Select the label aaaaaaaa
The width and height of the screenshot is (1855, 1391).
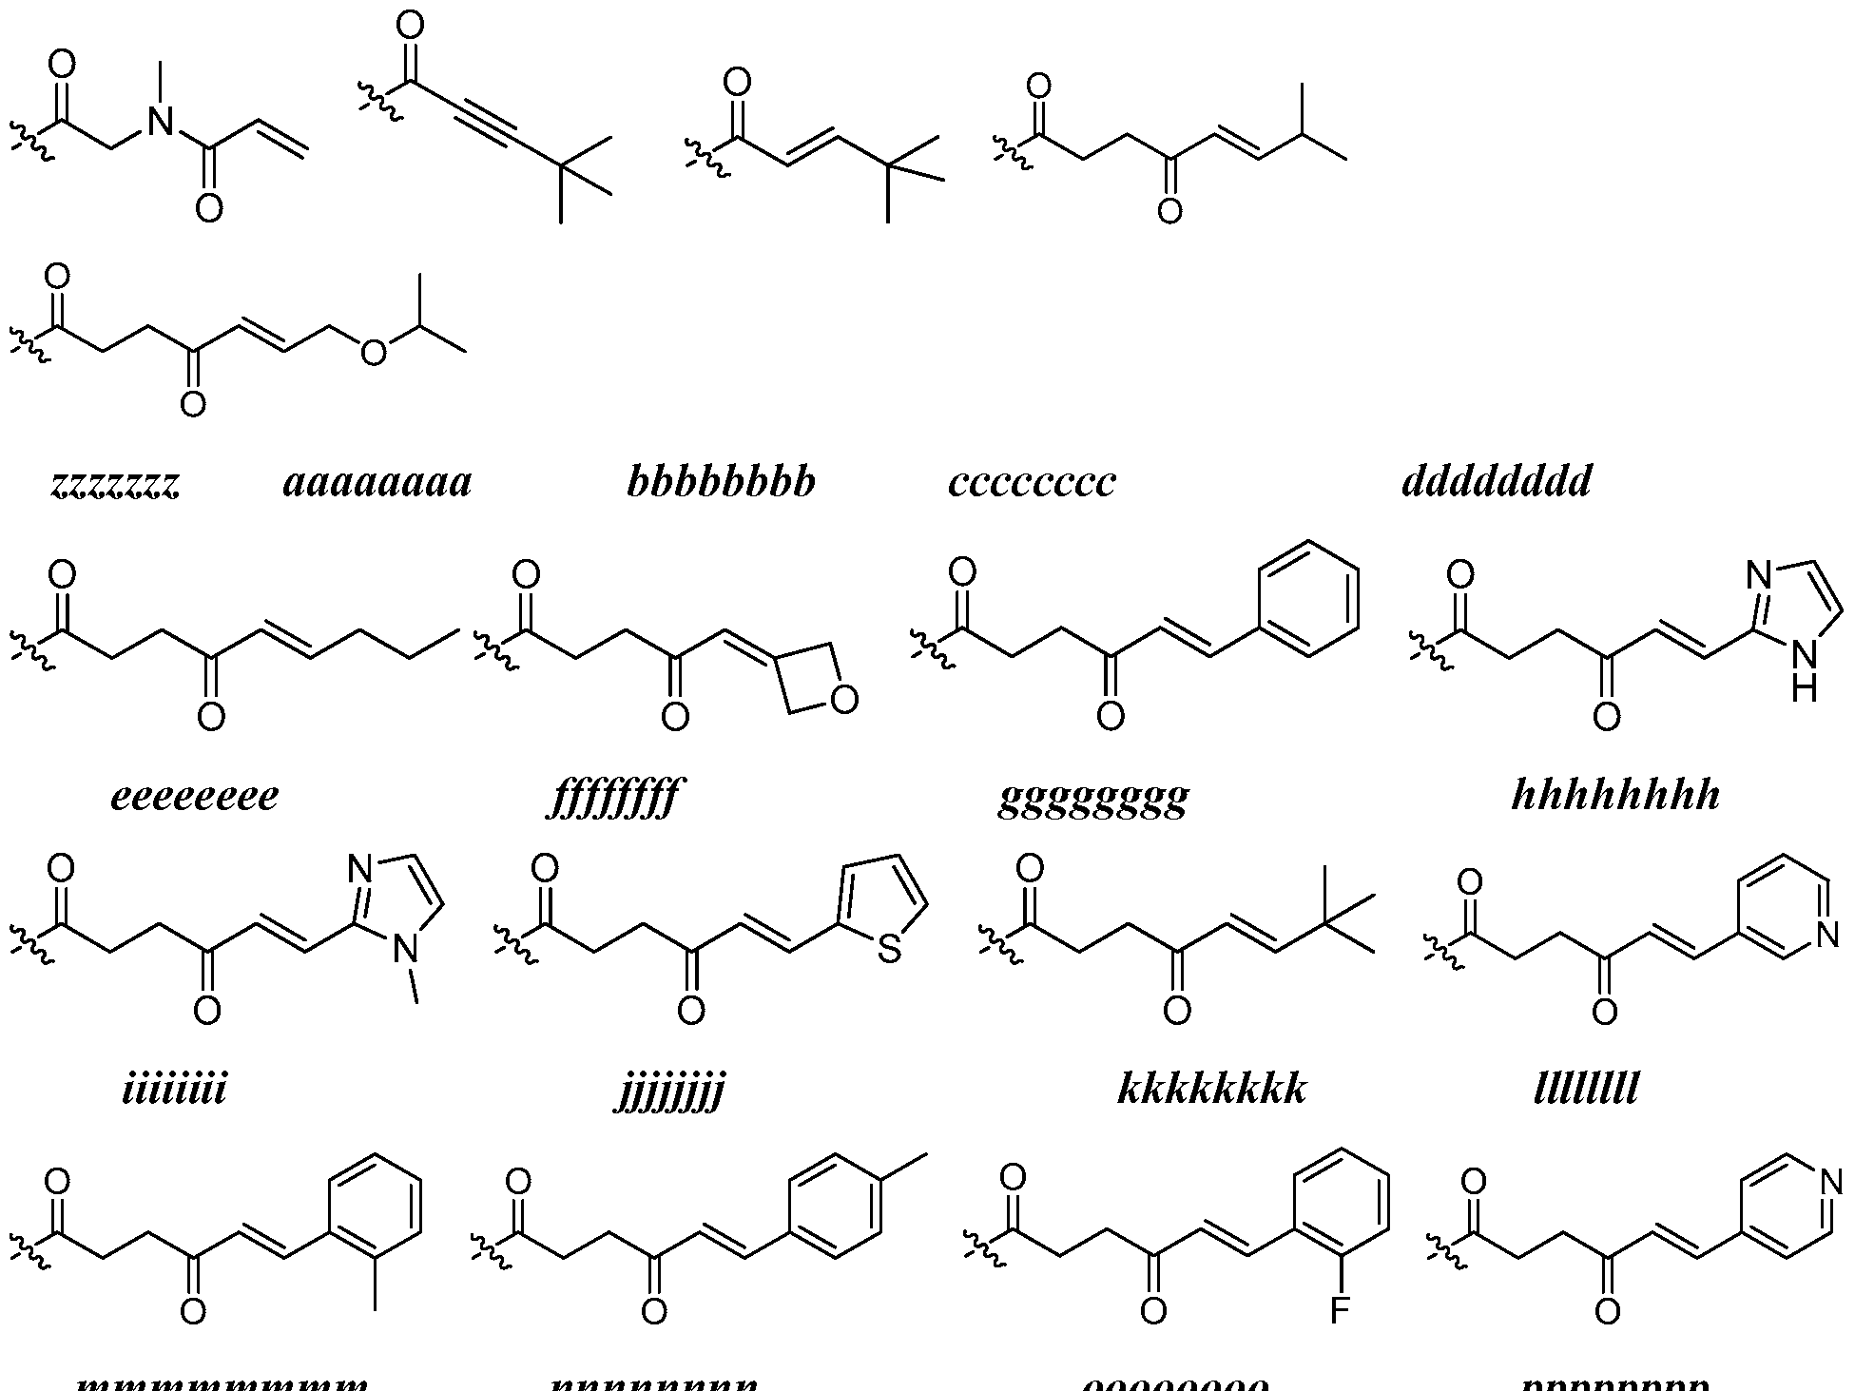pos(377,482)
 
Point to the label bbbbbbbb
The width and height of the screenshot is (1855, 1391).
pos(721,482)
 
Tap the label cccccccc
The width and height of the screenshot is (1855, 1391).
pos(1032,482)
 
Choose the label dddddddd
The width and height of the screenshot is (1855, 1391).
pos(1496,482)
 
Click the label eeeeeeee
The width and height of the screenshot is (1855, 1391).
pos(195,795)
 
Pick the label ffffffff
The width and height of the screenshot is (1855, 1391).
pos(616,797)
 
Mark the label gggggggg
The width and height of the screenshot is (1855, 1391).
pos(1093,799)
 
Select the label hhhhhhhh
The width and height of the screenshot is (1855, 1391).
pos(1615,795)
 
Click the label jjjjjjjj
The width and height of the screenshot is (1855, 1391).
pos(669,1091)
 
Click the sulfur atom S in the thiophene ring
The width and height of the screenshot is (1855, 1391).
pos(889,949)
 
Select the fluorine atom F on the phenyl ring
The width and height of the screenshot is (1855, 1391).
pos(1339,1312)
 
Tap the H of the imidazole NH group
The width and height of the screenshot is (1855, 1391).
pos(1804,686)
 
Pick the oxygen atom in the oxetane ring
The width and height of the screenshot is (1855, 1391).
pos(843,701)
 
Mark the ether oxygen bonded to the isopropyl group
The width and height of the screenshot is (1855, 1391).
pos(375,353)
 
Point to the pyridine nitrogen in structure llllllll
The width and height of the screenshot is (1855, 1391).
pos(1826,937)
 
